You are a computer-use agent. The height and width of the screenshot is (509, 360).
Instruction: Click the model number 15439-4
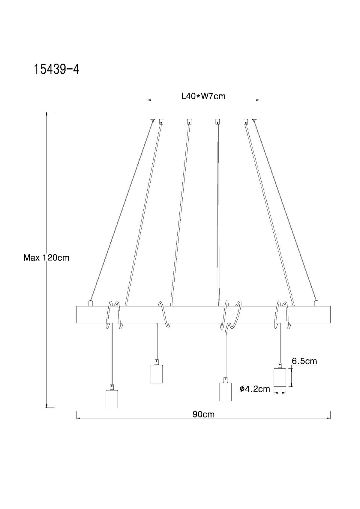(56, 69)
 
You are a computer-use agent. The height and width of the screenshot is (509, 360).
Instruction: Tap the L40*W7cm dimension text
(203, 96)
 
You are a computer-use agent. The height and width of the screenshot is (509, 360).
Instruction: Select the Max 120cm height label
(46, 257)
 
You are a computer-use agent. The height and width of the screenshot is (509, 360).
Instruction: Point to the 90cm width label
(203, 414)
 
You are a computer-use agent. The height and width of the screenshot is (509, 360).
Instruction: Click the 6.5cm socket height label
(304, 361)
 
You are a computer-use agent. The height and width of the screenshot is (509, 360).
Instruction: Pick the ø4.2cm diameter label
(255, 389)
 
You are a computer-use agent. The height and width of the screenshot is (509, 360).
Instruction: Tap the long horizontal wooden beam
(203, 314)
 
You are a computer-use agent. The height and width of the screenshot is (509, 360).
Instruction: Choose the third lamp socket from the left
(225, 392)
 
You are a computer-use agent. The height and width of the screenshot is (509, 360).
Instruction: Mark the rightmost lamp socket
(280, 377)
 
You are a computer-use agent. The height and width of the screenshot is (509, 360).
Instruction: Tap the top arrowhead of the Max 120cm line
(46, 114)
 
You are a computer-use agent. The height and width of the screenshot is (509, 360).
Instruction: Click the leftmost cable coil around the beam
(113, 315)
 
